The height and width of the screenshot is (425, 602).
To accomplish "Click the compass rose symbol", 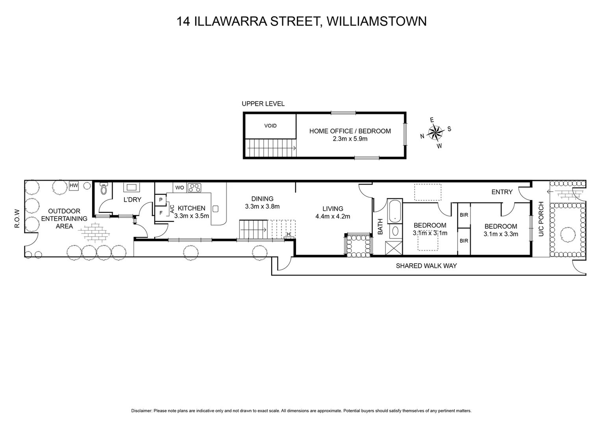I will [x=435, y=132].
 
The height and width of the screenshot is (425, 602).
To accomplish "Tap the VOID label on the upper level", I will [x=270, y=126].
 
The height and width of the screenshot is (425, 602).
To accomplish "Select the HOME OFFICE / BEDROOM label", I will [x=350, y=131].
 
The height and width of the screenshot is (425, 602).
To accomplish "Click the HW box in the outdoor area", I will [x=73, y=185].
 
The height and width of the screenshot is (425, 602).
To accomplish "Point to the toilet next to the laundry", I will [x=104, y=189].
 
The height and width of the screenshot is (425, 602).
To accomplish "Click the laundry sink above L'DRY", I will [x=131, y=187].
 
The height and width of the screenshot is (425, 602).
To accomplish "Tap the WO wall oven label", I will [x=180, y=188].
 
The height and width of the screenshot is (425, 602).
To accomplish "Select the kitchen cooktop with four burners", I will [x=194, y=188].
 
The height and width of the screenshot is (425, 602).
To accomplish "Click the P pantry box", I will [x=161, y=200].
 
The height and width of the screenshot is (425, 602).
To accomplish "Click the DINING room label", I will [x=262, y=199].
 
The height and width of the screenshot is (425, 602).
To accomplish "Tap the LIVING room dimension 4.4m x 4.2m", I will [x=333, y=216].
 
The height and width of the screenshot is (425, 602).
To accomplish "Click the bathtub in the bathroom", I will [x=394, y=211].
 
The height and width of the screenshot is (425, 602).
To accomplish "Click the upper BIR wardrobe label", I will [x=464, y=215].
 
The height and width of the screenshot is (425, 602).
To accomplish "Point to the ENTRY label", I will [x=502, y=192].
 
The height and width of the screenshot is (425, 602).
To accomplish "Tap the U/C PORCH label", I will [x=541, y=219].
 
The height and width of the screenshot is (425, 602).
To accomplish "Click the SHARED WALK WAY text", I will [x=426, y=266].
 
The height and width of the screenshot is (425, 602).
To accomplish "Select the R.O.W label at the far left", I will [x=17, y=219].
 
